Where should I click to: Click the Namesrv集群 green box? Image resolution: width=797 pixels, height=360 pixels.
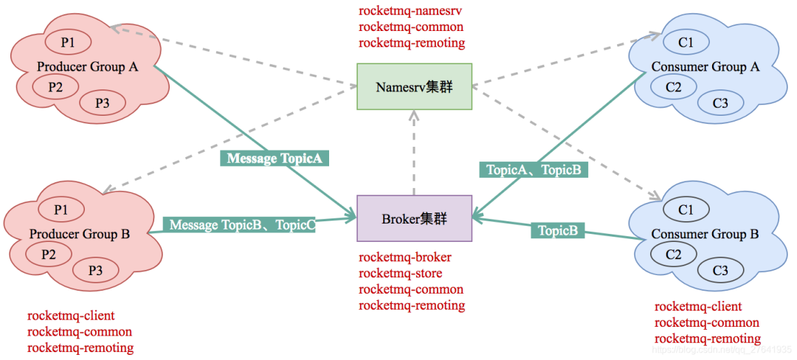414,87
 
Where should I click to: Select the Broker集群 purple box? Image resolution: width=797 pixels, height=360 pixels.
414,218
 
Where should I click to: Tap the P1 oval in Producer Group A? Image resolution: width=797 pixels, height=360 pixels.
68,43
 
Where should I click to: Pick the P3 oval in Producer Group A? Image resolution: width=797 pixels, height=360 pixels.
103,103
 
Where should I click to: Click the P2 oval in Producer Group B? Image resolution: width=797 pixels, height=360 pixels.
49,255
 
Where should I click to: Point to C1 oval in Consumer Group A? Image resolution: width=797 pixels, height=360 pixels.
686,43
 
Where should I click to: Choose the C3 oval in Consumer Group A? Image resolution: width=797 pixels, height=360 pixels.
720,103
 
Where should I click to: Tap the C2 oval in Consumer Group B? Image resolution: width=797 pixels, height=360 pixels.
673,255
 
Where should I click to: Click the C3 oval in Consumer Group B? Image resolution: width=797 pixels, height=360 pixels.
720,271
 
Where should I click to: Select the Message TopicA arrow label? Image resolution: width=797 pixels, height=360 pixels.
273,158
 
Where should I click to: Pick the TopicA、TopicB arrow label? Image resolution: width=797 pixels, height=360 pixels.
534,170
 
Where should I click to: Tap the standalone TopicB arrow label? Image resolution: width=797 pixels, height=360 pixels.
557,230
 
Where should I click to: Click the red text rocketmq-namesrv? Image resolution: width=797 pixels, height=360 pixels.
410,11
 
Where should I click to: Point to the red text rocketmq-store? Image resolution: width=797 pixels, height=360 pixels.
400,274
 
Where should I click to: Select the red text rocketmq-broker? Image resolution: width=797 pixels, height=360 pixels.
404,257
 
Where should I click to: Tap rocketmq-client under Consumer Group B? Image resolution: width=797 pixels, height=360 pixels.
698,307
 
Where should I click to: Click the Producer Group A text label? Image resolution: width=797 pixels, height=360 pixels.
87,67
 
